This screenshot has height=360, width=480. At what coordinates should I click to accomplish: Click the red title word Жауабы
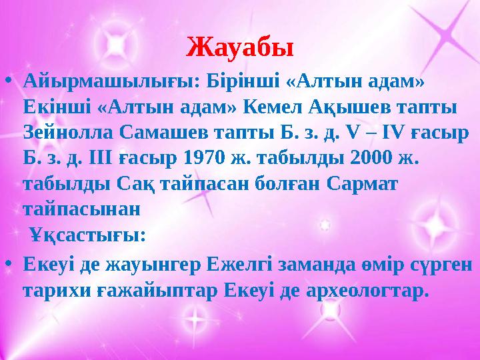tap(240, 47)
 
